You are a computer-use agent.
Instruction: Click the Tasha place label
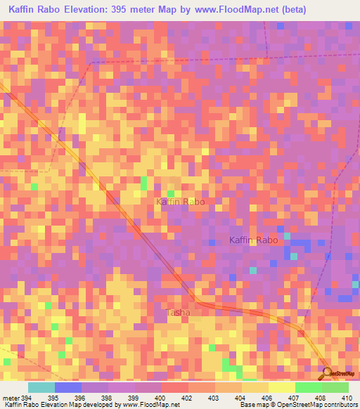pyautogui.click(x=178, y=312)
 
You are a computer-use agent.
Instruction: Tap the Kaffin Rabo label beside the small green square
pyautogui.click(x=180, y=202)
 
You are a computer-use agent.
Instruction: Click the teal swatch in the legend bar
pyautogui.click(x=41, y=387)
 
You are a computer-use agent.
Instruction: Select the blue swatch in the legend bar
pyautogui.click(x=68, y=387)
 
